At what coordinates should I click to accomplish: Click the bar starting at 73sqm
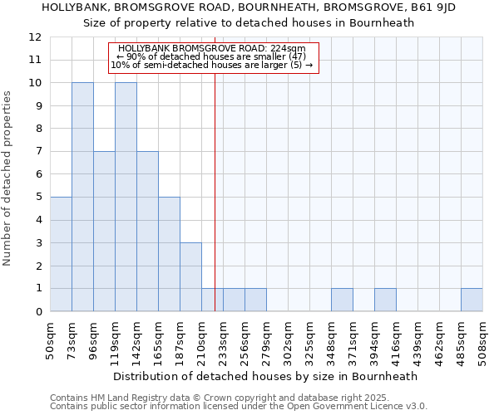(x=82, y=197)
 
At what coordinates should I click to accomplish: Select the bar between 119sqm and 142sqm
(x=126, y=197)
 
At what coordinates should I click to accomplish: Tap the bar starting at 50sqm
(x=61, y=254)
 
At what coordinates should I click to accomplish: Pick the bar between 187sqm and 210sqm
(x=190, y=277)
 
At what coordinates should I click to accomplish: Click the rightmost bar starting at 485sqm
(x=472, y=300)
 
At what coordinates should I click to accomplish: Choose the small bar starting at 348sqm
(x=342, y=300)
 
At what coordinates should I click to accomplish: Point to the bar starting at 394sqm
(x=385, y=300)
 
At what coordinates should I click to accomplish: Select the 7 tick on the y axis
(x=37, y=152)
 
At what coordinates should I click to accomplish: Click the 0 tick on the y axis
(x=37, y=312)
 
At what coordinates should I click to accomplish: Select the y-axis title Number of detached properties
(x=7, y=178)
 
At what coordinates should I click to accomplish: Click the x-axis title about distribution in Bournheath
(x=265, y=376)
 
